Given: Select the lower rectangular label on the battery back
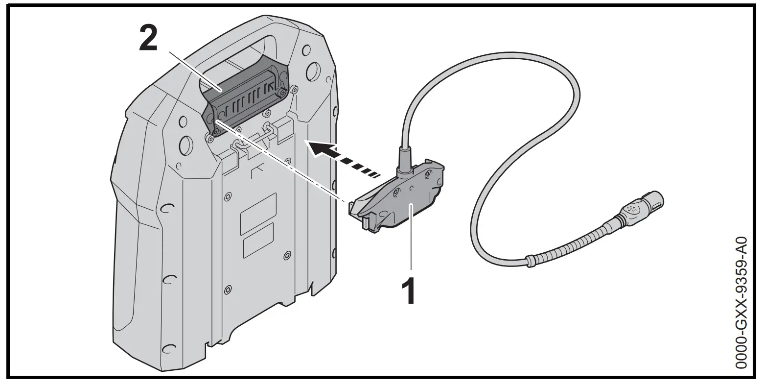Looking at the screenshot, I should [258, 241].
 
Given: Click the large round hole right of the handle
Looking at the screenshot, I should [313, 74].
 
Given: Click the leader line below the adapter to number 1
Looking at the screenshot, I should [411, 245].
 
